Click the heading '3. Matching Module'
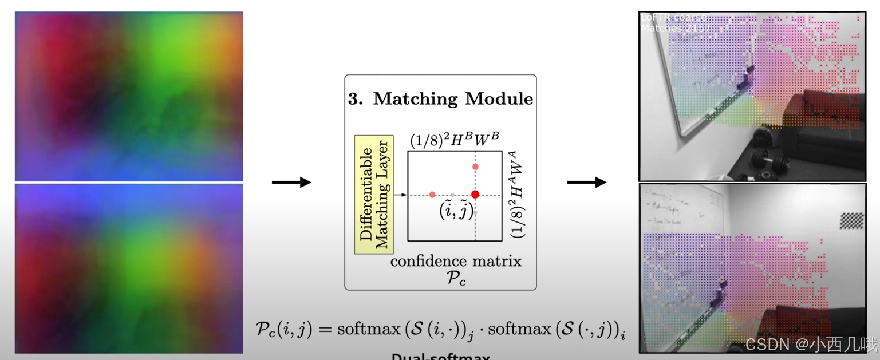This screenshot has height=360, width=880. click(x=440, y=99)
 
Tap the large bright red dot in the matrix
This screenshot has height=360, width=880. click(x=475, y=195)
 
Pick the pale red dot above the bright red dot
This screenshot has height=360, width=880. click(x=475, y=167)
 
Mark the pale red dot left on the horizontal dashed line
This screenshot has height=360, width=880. click(x=432, y=195)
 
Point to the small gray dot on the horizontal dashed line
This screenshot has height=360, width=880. click(x=453, y=195)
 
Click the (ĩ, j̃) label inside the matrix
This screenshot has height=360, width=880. click(x=456, y=210)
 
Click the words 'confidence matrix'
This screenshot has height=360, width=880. click(x=456, y=262)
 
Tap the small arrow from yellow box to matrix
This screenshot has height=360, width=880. click(x=401, y=195)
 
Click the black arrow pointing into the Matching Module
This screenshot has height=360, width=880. click(x=291, y=183)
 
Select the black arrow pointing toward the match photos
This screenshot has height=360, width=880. click(x=586, y=183)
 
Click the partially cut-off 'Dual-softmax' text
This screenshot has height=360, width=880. click(x=440, y=356)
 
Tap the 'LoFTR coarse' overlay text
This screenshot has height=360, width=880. click(x=673, y=17)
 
